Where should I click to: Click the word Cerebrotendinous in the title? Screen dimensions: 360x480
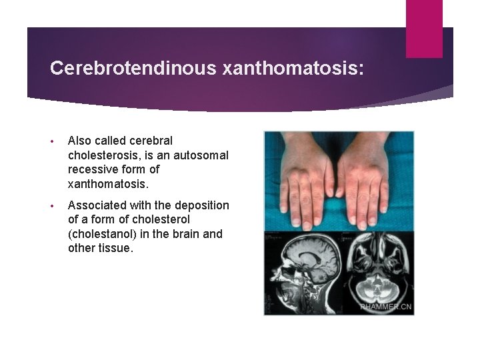point(122,68)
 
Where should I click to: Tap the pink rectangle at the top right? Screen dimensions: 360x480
point(424,28)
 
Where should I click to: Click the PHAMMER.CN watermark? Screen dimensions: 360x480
point(386,307)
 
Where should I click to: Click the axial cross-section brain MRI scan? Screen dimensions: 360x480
point(377,270)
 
